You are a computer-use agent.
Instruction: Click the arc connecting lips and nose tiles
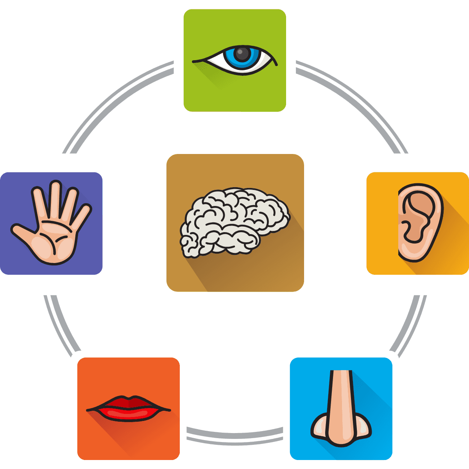click(234, 436)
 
